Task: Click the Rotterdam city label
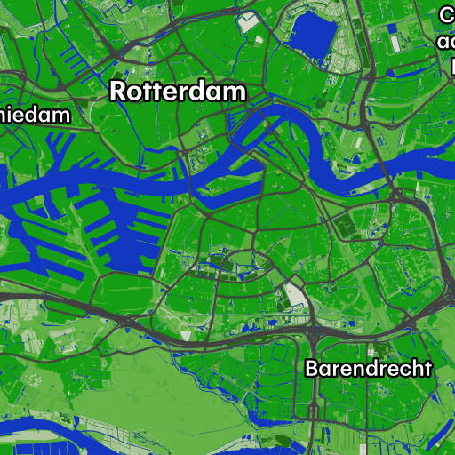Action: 177,92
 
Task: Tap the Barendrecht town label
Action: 368,368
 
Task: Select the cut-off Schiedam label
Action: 36,115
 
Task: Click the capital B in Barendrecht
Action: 312,368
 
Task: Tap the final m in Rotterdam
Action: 235,92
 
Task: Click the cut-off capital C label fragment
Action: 447,15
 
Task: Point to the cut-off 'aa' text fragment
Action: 446,41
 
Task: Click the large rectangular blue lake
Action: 311,36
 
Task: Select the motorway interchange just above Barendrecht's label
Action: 313,333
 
